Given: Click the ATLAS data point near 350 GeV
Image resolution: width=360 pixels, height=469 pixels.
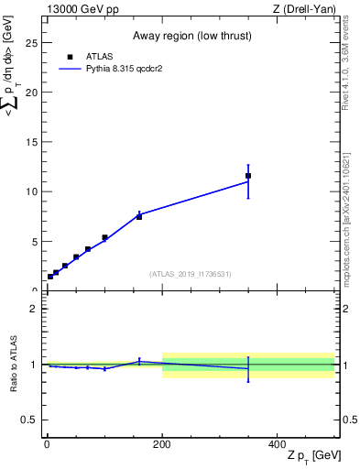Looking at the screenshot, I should pos(248,175).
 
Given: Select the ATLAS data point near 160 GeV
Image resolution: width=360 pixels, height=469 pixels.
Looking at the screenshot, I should pos(138,217).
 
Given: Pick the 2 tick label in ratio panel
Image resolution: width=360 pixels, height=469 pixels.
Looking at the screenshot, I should pos(33,309).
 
